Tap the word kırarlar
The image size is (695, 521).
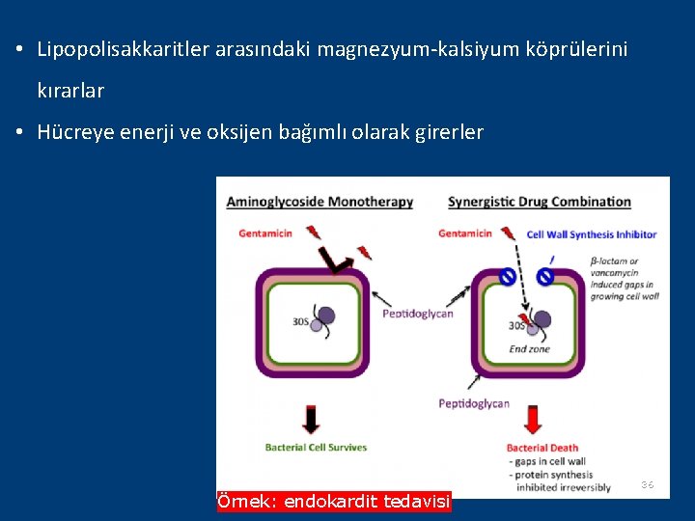70,91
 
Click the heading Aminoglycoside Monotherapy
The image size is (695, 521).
320,202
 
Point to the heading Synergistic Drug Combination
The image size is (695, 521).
539,202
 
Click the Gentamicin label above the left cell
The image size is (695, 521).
265,233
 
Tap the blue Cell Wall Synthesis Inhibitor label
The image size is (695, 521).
591,233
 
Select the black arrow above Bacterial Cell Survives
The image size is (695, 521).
311,418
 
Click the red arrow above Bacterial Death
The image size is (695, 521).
532,418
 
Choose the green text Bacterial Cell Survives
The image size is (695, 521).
316,447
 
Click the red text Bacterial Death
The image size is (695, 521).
542,448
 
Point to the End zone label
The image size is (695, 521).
529,348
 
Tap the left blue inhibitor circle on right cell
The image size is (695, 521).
507,278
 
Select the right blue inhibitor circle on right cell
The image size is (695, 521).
545,278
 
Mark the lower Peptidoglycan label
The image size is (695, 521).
473,403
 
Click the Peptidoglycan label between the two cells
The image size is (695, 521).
417,314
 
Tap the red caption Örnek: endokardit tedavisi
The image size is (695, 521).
334,502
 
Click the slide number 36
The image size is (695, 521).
648,484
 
